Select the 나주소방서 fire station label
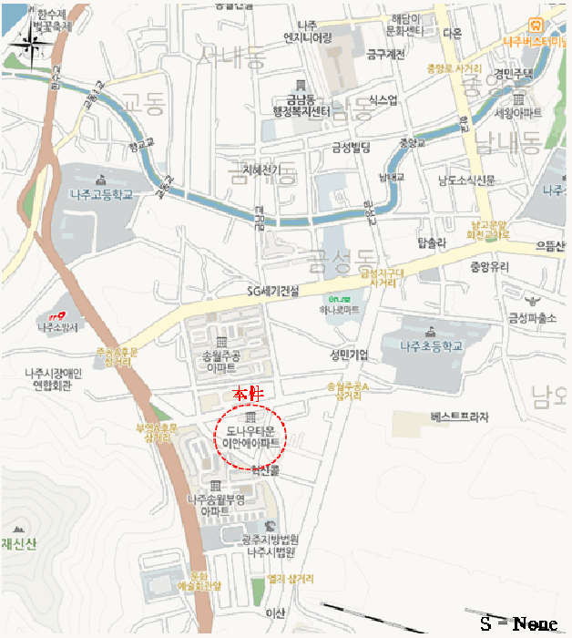(59, 326)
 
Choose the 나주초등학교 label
(431, 345)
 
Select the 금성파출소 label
(532, 317)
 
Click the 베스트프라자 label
(459, 417)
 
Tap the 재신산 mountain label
(18, 545)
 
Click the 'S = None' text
(518, 623)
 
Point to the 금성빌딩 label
(351, 148)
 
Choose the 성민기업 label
(349, 354)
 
